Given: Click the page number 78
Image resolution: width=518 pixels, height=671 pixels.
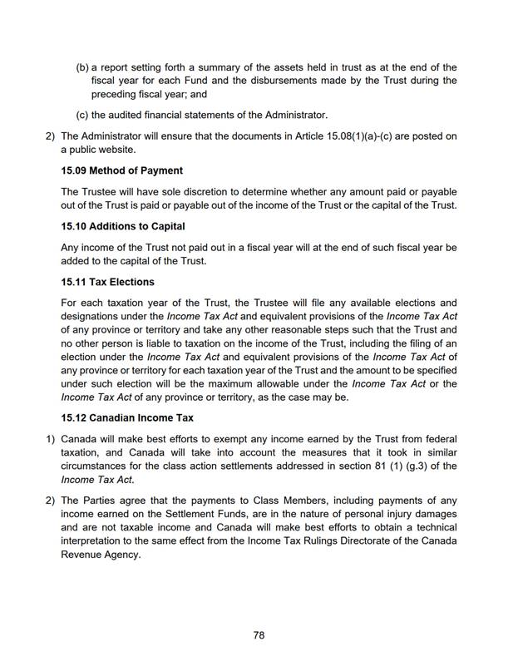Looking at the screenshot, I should (x=259, y=634).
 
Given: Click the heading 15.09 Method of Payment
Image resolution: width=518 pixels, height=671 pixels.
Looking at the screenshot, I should (x=121, y=170).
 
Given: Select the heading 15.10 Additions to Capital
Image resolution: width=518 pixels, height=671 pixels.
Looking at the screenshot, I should (x=123, y=226).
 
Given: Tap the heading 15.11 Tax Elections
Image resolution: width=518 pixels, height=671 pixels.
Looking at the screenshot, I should (x=107, y=282).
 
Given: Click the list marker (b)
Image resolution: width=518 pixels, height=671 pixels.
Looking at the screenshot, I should (x=81, y=67).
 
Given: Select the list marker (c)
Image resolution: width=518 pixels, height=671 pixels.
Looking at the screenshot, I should (x=81, y=115).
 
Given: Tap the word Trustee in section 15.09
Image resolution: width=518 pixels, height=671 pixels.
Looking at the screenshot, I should (x=102, y=191).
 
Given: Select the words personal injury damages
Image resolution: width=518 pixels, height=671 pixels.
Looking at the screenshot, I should (x=408, y=515).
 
